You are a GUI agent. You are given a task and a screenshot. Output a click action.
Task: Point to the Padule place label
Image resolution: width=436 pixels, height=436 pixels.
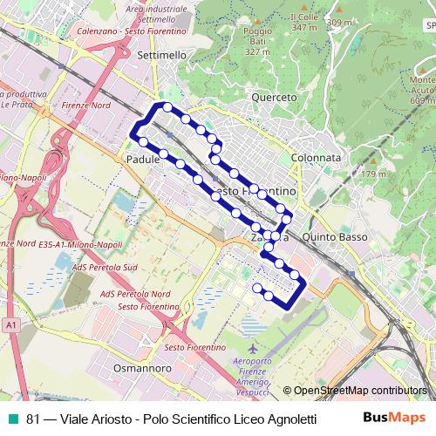click(x=143, y=160)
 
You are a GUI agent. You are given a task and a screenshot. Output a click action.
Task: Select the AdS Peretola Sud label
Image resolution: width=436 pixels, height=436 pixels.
click(x=106, y=267)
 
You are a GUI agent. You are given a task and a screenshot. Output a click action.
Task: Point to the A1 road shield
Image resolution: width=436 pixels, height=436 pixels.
click(x=10, y=324)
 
